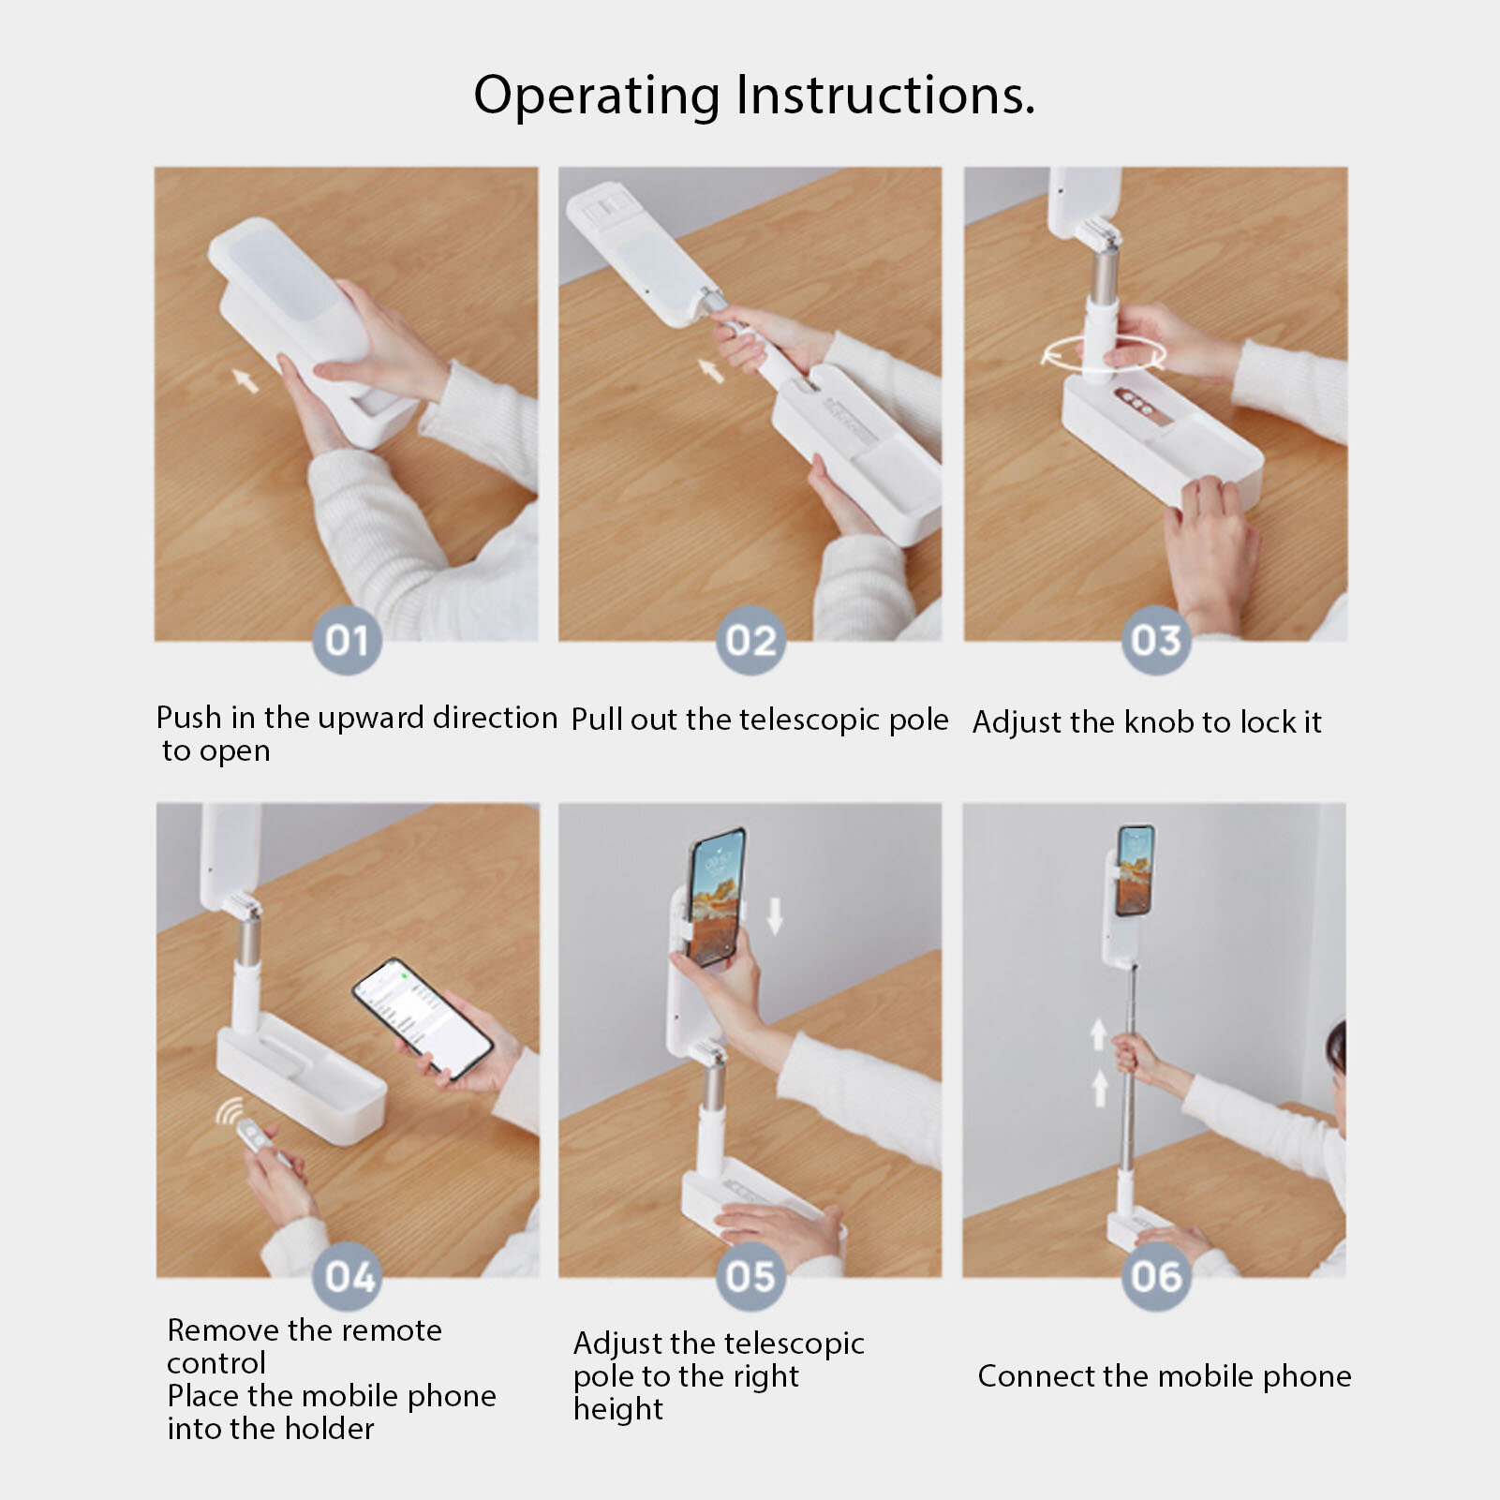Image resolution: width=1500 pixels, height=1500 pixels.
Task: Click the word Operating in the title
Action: (x=598, y=97)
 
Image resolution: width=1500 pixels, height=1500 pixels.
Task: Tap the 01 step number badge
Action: (x=347, y=640)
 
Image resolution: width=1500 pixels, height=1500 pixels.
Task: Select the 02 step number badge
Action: (x=751, y=640)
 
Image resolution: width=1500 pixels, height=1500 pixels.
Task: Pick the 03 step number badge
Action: (x=1156, y=640)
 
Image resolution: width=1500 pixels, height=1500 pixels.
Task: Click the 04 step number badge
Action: (x=349, y=1276)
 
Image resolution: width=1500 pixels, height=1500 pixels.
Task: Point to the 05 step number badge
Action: (x=751, y=1276)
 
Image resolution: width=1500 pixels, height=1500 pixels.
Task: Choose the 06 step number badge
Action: (x=1156, y=1276)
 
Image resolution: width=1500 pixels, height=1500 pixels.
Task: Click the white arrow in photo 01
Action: (x=245, y=379)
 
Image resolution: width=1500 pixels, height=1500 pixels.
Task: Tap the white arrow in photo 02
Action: (x=711, y=369)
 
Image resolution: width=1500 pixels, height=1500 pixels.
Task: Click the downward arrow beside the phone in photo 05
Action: (x=774, y=914)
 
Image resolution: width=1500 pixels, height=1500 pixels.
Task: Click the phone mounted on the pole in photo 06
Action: (x=1135, y=870)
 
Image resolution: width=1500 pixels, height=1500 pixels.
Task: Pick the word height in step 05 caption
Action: (x=618, y=1410)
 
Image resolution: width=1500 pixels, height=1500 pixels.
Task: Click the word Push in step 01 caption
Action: (x=190, y=718)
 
